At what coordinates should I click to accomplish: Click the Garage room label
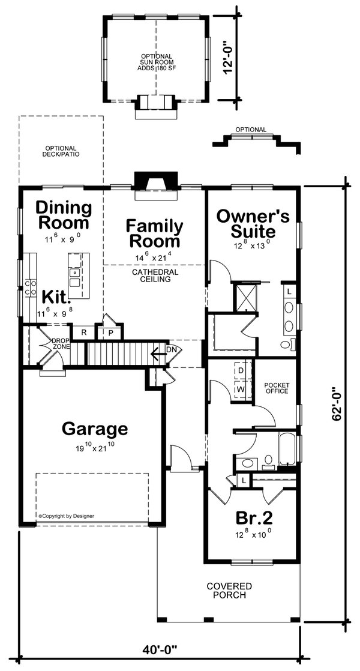coord(94,429)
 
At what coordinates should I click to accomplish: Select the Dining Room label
coord(64,215)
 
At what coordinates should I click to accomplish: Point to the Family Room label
coord(154,233)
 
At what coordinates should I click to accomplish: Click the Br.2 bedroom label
coord(252,517)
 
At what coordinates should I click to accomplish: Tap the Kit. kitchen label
coord(56,296)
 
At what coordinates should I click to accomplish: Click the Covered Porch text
coord(229,591)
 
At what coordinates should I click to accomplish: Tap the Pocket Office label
coord(277,387)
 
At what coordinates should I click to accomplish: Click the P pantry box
coord(112,332)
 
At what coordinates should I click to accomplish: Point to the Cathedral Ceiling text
coord(155,275)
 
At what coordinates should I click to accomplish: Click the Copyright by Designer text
coord(66,515)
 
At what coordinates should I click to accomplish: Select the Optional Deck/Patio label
coord(62,151)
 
